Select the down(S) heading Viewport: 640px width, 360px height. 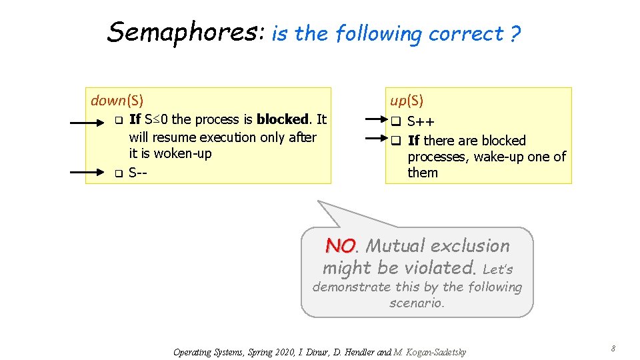[117, 101]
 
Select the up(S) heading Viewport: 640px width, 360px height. [407, 101]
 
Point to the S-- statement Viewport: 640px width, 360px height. [138, 173]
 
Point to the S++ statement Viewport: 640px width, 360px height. [421, 122]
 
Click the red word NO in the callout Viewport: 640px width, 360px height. [340, 246]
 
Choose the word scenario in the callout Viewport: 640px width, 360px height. [416, 303]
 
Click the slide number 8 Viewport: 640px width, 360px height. [613, 349]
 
